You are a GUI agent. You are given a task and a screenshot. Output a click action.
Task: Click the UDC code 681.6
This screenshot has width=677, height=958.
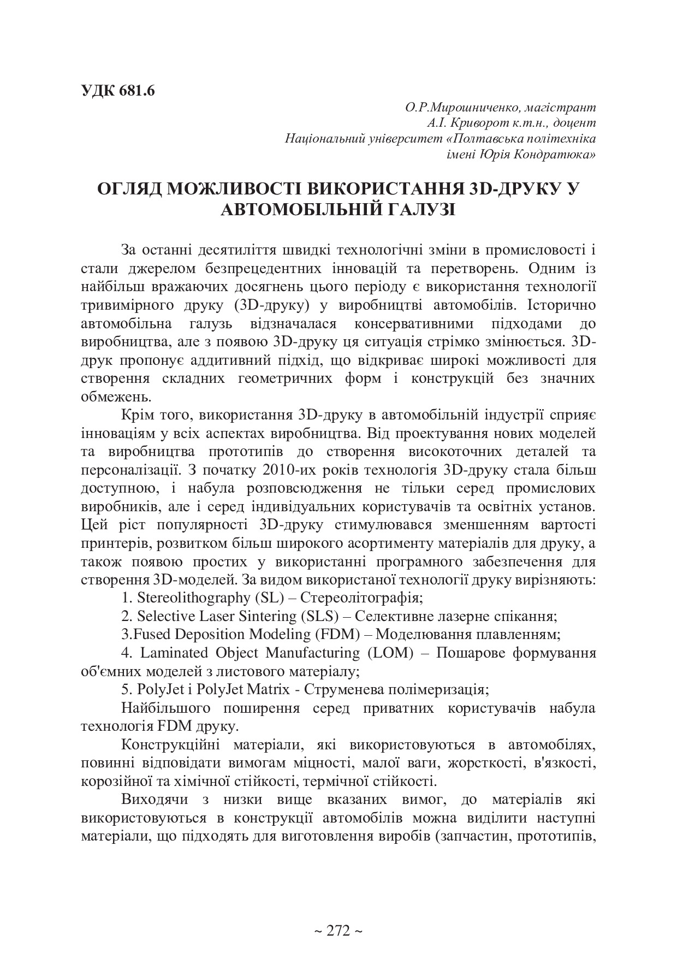(x=136, y=91)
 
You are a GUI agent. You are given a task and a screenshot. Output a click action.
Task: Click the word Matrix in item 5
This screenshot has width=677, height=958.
(x=269, y=689)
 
